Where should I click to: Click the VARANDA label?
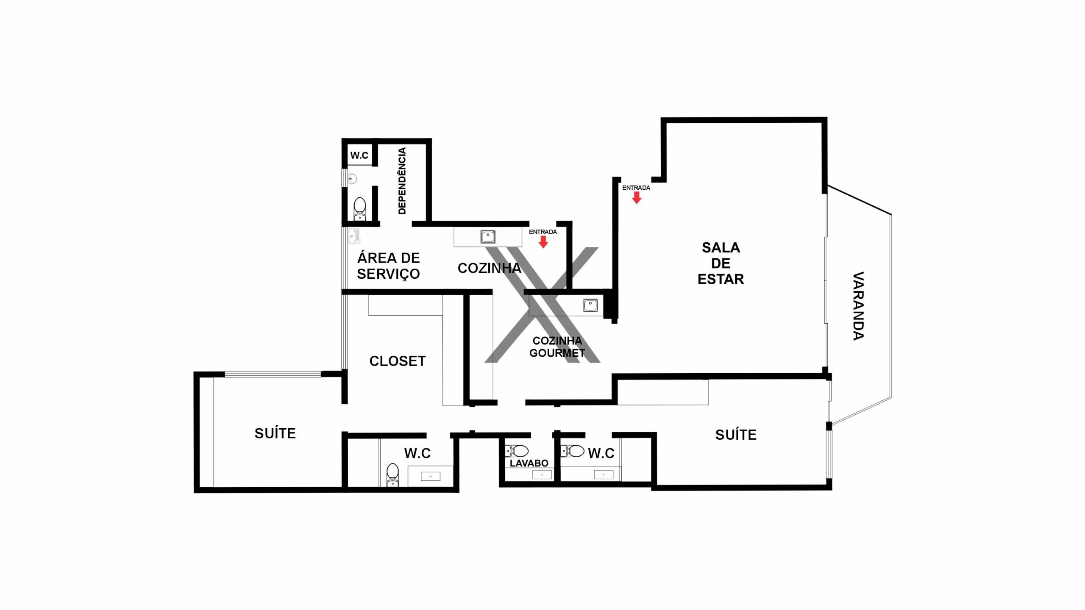(x=858, y=306)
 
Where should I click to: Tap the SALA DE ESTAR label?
(x=721, y=263)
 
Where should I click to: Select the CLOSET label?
(x=398, y=361)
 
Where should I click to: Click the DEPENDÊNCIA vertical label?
(x=402, y=181)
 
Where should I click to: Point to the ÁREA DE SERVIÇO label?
(x=388, y=266)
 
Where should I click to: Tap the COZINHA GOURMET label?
(x=557, y=347)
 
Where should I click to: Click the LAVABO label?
(x=529, y=463)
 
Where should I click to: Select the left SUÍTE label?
(x=275, y=433)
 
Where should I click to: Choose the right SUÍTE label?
(x=736, y=435)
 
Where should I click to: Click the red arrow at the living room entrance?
(x=637, y=198)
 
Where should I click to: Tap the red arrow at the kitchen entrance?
(x=543, y=242)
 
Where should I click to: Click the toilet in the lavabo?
(x=517, y=451)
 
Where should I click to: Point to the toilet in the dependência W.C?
(x=360, y=209)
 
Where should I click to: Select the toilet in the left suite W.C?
(x=393, y=475)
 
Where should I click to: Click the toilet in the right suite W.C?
(x=573, y=451)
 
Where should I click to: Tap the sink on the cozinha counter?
(x=488, y=236)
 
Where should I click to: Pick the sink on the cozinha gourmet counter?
(x=590, y=305)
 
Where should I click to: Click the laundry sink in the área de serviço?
(x=354, y=236)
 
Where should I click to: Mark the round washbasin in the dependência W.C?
(x=352, y=179)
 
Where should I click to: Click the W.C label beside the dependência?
(x=359, y=155)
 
